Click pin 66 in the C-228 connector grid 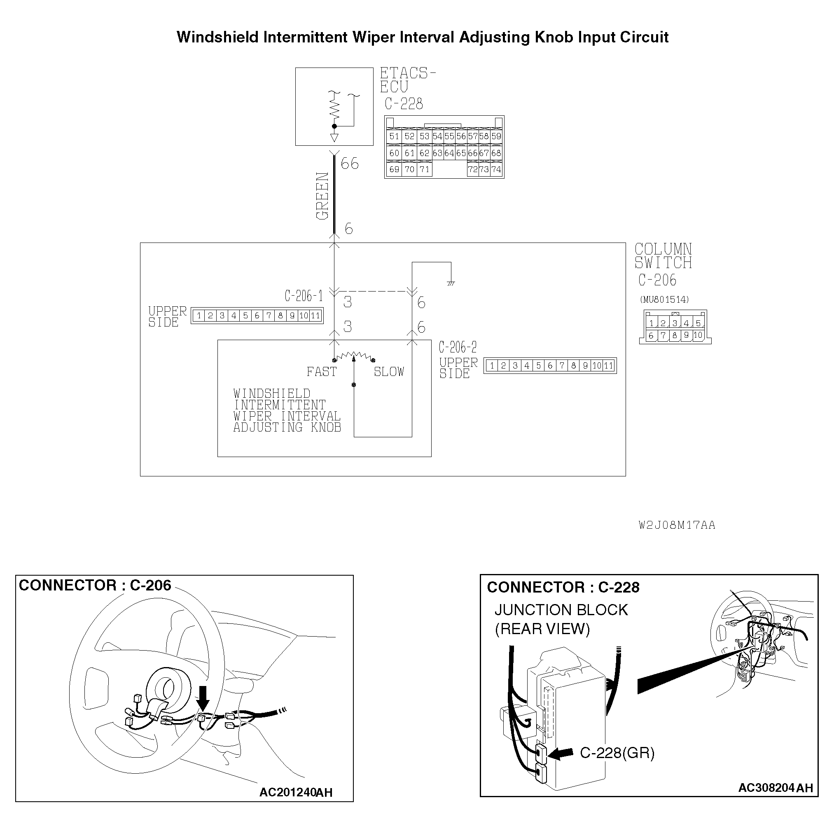[473, 153]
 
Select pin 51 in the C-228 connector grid [394, 136]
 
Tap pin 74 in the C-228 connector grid [496, 170]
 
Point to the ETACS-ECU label [407, 80]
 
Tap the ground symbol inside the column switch [451, 284]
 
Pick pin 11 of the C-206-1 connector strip [315, 316]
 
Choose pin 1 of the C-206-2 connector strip [492, 366]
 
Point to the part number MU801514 [664, 299]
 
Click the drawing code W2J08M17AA [677, 525]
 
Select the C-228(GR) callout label [617, 753]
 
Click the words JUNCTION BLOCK [561, 610]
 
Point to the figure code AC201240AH [296, 792]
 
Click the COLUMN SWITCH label [663, 256]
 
